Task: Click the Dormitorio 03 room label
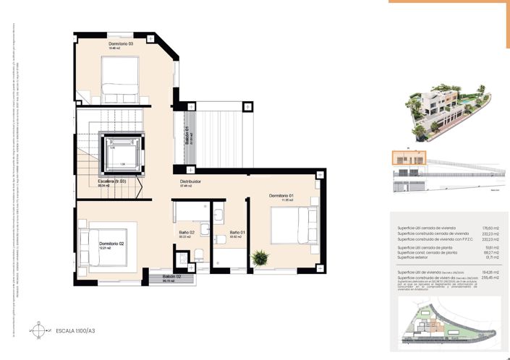click(x=121, y=45)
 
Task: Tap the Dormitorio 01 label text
click(x=281, y=196)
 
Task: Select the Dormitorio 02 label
click(x=112, y=244)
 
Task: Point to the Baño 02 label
click(x=187, y=233)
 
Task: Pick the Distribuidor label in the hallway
click(x=190, y=181)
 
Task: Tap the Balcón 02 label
click(x=171, y=277)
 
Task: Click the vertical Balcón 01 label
click(x=187, y=136)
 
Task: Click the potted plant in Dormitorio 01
click(x=258, y=257)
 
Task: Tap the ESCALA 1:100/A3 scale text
click(x=75, y=331)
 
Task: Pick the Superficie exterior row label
click(x=420, y=256)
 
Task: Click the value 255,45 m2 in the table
click(x=471, y=277)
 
